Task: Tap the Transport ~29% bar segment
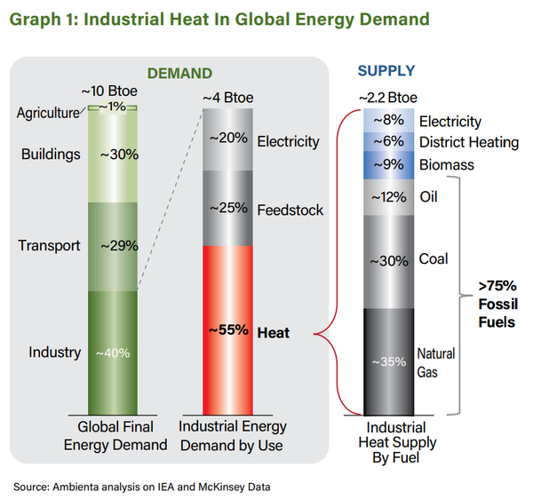tap(113, 246)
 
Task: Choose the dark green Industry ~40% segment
tap(113, 351)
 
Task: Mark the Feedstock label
tap(290, 210)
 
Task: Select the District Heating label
tap(469, 143)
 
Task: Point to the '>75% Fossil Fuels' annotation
tap(496, 304)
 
